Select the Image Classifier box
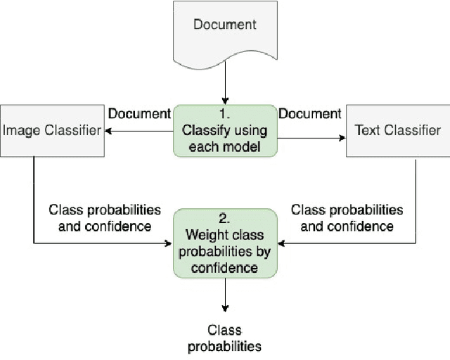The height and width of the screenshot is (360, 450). click(x=52, y=130)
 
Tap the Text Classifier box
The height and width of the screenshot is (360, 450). click(x=397, y=130)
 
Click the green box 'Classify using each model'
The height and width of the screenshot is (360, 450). click(x=225, y=130)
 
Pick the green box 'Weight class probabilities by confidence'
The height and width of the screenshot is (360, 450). click(x=225, y=243)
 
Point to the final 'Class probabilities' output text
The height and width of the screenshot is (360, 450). click(x=225, y=337)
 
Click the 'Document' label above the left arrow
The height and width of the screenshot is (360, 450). click(x=139, y=113)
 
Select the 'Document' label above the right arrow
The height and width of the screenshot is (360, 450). click(x=310, y=113)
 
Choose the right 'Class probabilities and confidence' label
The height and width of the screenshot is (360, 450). click(x=347, y=218)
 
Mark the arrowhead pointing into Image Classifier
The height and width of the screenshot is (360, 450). click(x=108, y=130)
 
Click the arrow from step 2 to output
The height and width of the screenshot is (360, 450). click(x=225, y=295)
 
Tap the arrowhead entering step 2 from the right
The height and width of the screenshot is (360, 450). click(x=281, y=243)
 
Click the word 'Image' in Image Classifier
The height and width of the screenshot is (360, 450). click(x=18, y=130)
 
